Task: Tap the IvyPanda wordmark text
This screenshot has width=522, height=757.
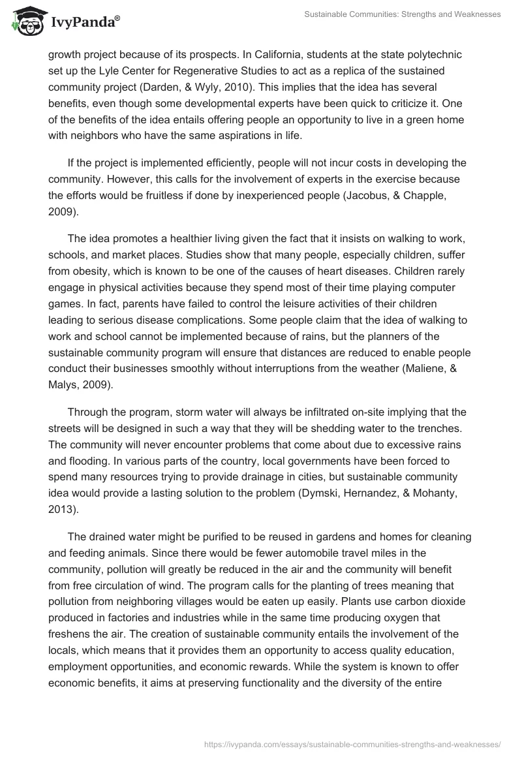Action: (x=84, y=22)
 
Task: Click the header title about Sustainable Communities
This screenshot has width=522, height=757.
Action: (x=402, y=14)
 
